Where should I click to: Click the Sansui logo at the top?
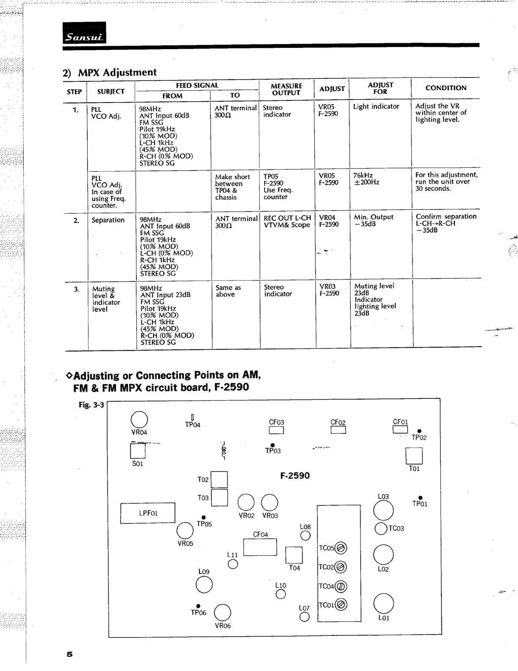pyautogui.click(x=84, y=33)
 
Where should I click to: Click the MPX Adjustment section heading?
pyautogui.click(x=110, y=72)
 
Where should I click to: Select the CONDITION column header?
pyautogui.click(x=446, y=88)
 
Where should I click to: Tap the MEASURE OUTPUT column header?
pyautogui.click(x=286, y=89)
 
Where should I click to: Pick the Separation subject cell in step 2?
pyautogui.click(x=108, y=220)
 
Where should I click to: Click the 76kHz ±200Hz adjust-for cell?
pyautogui.click(x=366, y=179)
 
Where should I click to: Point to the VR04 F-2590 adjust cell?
pyautogui.click(x=329, y=221)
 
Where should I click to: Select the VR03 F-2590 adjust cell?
pyautogui.click(x=329, y=290)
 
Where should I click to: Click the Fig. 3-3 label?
pyautogui.click(x=91, y=405)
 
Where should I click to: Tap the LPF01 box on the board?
pyautogui.click(x=148, y=513)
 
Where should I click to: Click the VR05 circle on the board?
pyautogui.click(x=185, y=530)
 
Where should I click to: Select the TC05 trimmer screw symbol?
pyautogui.click(x=341, y=548)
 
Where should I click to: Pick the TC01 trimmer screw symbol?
pyautogui.click(x=341, y=604)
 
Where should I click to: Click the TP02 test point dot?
pyautogui.click(x=419, y=431)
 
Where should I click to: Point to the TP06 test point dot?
pyautogui.click(x=198, y=606)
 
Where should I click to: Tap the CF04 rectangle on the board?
pyautogui.click(x=260, y=547)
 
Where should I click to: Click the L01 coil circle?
pyautogui.click(x=383, y=603)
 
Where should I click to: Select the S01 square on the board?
pyautogui.click(x=138, y=451)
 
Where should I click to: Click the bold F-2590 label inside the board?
pyautogui.click(x=295, y=476)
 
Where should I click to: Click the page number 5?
pyautogui.click(x=70, y=654)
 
